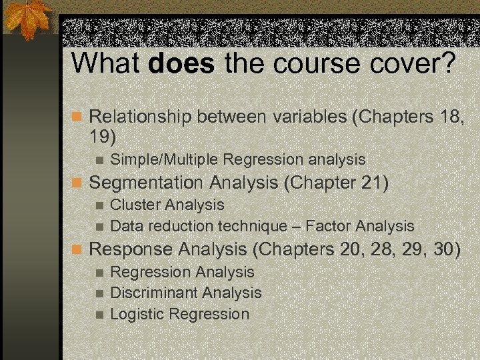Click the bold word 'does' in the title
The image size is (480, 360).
(182, 63)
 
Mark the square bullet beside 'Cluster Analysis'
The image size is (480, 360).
(99, 205)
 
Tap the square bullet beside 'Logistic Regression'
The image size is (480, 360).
(99, 315)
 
